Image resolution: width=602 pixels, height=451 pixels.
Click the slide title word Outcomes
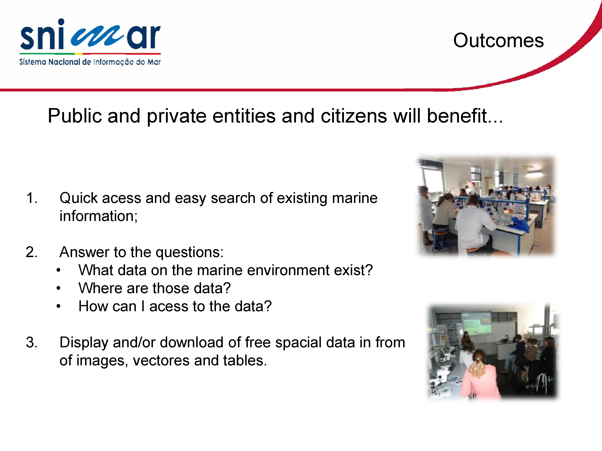pos(498,41)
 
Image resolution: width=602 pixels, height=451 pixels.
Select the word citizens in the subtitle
pos(354,116)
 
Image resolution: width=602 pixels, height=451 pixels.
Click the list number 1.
pos(32,198)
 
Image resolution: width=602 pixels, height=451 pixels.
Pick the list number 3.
pos(32,343)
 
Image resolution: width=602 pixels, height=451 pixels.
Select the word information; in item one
pos(99,216)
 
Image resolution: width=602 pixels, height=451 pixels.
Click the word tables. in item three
pos(245,361)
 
